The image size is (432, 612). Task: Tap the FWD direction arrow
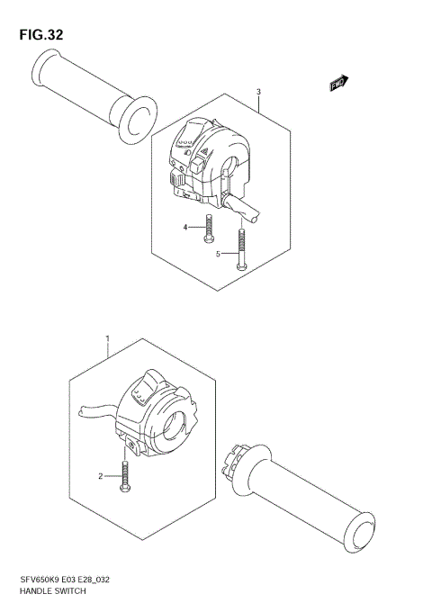coord(338,85)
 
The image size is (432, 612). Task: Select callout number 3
coord(258,92)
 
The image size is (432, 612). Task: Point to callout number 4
coord(186,228)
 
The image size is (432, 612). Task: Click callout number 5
coord(219,255)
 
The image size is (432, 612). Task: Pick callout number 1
coord(107,339)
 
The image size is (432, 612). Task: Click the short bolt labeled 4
coord(209,229)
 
